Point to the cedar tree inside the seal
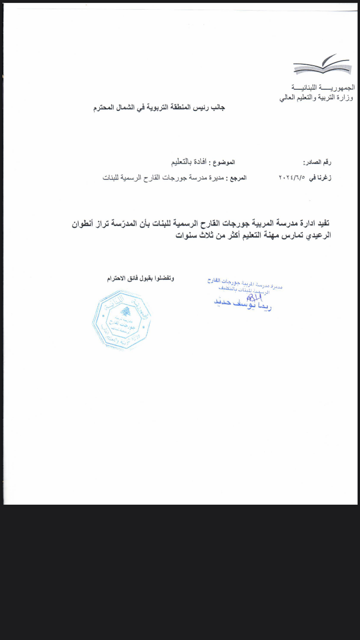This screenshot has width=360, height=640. tap(126, 311)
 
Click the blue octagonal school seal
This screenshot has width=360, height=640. tap(121, 320)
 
